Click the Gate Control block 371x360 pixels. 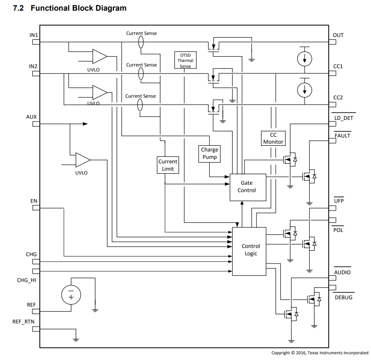(247, 187)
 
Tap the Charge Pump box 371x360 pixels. (209, 154)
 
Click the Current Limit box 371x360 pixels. (168, 165)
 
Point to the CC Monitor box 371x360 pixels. (273, 138)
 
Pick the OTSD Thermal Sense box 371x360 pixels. (185, 60)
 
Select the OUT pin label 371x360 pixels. (338, 35)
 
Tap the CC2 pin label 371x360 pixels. (338, 97)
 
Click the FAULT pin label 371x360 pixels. (342, 135)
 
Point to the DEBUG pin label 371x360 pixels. (343, 297)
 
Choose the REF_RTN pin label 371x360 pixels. (23, 321)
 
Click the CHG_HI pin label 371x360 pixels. (27, 280)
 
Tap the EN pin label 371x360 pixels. (34, 201)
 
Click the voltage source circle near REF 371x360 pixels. (71, 294)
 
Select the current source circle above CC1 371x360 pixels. (304, 58)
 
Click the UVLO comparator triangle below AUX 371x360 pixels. (82, 160)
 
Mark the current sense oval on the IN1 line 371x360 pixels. (141, 41)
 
